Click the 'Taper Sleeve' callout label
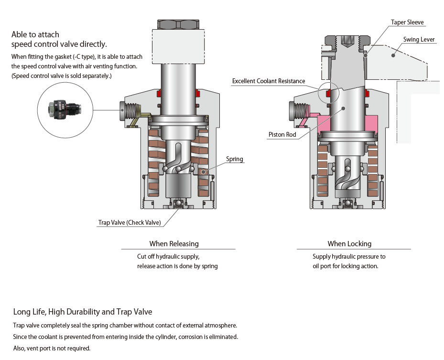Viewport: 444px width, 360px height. point(407,22)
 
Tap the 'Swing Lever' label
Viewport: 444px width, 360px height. point(419,40)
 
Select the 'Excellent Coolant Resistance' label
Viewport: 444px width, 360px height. point(268,81)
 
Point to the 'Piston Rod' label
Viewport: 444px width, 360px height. point(282,135)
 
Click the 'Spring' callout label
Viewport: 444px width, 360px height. point(235,159)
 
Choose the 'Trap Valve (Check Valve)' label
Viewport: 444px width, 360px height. point(130,223)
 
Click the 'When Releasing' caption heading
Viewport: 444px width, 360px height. point(174,244)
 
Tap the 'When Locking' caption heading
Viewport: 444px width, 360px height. point(349,244)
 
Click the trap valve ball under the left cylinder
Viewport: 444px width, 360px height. point(177,204)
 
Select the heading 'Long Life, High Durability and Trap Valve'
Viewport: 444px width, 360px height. point(83,312)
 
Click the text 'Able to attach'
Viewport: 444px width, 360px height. point(35,34)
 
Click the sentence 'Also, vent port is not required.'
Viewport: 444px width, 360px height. point(52,348)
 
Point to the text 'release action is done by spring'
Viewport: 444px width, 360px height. point(177,266)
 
